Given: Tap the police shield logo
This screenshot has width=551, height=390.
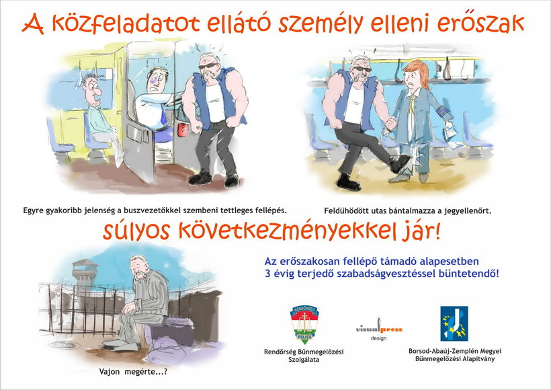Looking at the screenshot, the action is tap(304, 324).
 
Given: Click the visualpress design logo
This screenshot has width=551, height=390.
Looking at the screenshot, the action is tap(379, 329).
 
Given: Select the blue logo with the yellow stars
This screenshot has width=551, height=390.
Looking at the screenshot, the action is tap(454, 323).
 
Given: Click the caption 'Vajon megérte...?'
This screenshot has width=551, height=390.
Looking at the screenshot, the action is tap(133, 372).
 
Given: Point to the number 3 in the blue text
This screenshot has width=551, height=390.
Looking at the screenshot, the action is tap(267, 273).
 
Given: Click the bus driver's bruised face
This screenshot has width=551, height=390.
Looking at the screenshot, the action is tap(157, 80).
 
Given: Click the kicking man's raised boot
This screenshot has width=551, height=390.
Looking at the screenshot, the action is tap(399, 163).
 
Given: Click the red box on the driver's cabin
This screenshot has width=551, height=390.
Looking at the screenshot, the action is tap(183, 129).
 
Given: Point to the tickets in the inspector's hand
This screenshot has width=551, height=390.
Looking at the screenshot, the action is tap(450, 132).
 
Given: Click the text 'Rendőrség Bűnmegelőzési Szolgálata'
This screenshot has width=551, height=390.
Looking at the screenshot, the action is tap(304, 356).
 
